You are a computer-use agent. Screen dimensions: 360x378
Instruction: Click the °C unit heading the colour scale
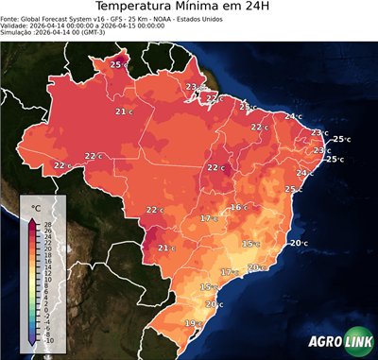[36, 207]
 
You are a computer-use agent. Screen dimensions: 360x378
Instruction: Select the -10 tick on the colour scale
[47, 339]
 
